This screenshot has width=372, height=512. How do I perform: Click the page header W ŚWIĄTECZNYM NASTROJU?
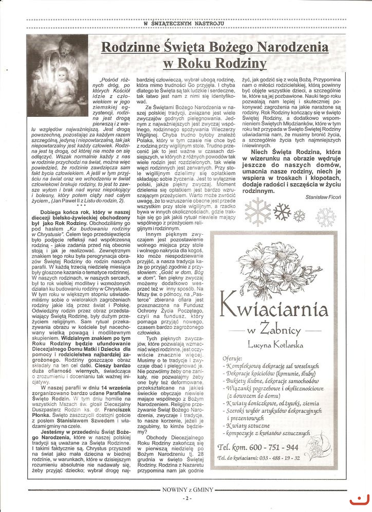[185, 23]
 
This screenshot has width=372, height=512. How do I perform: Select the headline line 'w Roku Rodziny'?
[215, 64]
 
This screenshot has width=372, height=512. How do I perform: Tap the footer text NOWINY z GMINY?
[185, 489]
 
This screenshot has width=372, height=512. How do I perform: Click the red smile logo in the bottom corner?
[359, 500]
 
